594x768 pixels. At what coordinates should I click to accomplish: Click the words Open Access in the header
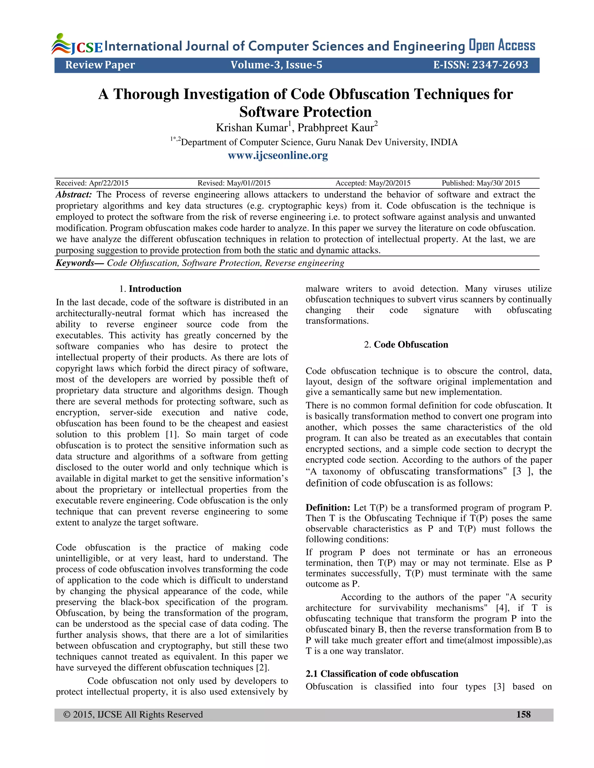pyautogui.click(x=502, y=46)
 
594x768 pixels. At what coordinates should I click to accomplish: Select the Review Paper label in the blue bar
pyautogui.click(x=100, y=65)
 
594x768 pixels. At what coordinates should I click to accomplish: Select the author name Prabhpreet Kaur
pyautogui.click(x=335, y=128)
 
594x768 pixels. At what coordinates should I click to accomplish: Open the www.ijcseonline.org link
pyautogui.click(x=278, y=155)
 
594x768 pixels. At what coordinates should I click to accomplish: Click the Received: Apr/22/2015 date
pyautogui.click(x=92, y=183)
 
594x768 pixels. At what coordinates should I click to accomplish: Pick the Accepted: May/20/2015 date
pyautogui.click(x=373, y=183)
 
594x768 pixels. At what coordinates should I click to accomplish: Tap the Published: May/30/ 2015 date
pyautogui.click(x=481, y=183)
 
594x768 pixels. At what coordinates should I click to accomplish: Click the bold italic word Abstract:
pyautogui.click(x=74, y=194)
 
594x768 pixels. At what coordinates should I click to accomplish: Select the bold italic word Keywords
pyautogui.click(x=75, y=263)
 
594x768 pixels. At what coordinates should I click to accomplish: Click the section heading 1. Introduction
pyautogui.click(x=150, y=289)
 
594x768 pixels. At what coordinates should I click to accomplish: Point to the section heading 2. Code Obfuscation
pyautogui.click(x=406, y=344)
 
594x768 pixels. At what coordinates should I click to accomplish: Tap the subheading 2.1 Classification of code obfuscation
pyautogui.click(x=382, y=674)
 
